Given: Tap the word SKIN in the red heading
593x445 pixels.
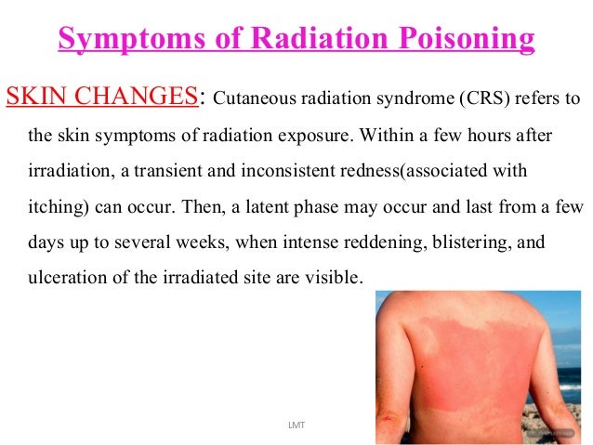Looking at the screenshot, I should coord(36,97).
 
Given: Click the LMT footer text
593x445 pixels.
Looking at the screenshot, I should coord(296,424).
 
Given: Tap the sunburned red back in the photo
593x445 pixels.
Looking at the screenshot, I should coord(465,372).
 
